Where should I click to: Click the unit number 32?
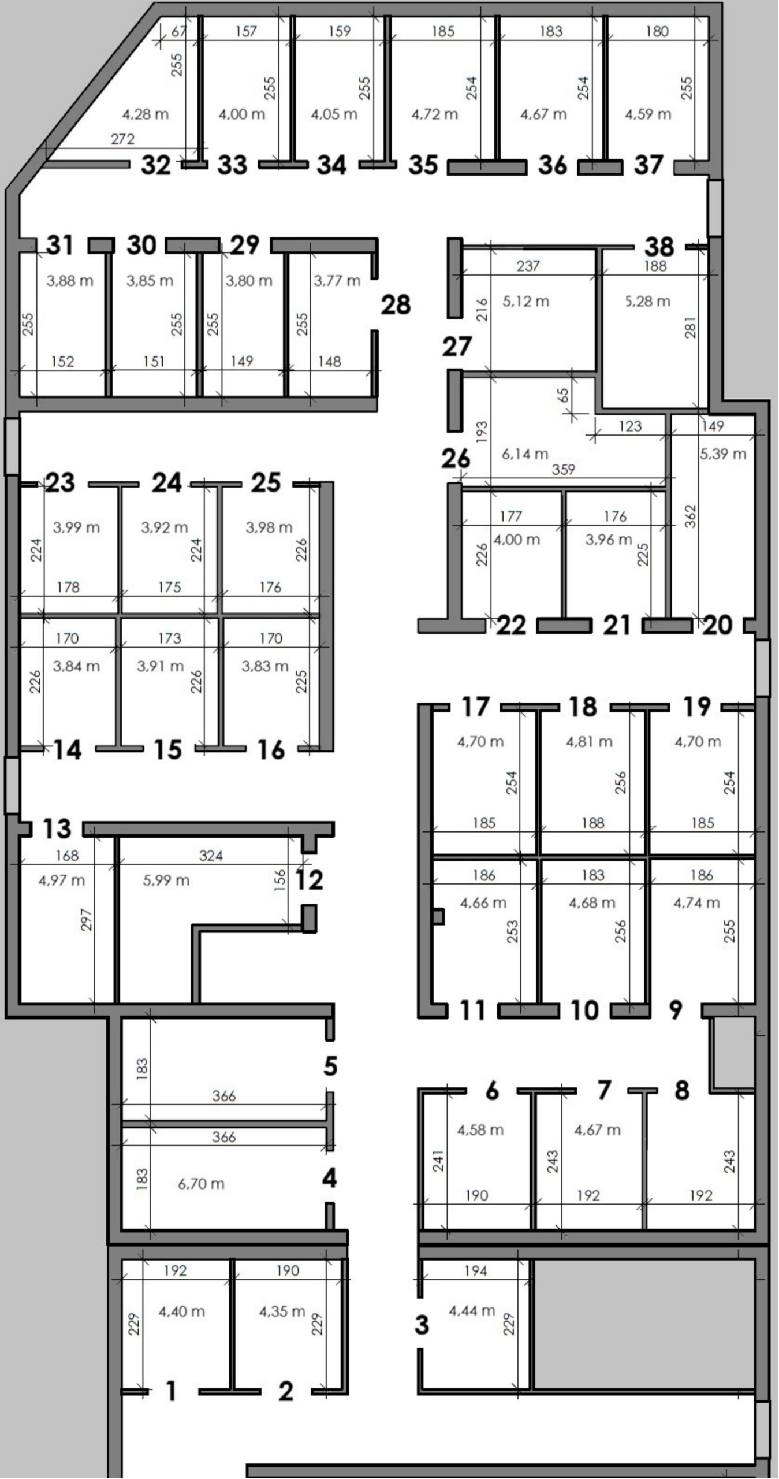pos(156,165)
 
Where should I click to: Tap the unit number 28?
pos(396,304)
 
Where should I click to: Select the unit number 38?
pos(659,247)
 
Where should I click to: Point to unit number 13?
pos(57,828)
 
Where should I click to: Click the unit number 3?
pos(422,1325)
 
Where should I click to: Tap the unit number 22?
pos(512,625)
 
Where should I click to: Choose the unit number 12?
pos(309,880)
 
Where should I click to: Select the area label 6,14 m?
pos(525,454)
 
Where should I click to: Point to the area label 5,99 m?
pos(166,880)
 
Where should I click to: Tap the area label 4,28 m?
pos(146,114)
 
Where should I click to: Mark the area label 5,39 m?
pos(723,454)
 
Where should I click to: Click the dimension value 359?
pos(564,470)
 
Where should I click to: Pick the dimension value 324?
pos(211,856)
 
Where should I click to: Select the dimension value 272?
pos(123,139)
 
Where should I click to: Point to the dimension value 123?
pos(630,426)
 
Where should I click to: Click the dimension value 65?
pos(564,396)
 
